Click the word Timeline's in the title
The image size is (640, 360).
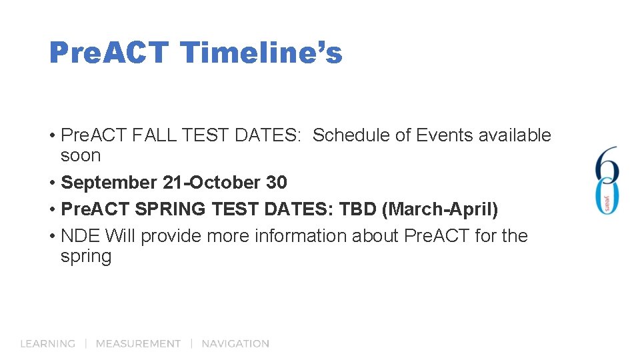261,52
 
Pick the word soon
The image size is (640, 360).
81,156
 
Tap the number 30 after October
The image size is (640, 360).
277,183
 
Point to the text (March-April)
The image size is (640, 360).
440,209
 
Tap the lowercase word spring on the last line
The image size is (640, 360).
86,257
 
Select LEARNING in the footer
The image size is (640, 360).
48,344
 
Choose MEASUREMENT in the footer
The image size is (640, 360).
138,344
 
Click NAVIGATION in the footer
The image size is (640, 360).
235,344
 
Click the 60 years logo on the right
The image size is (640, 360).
607,180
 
